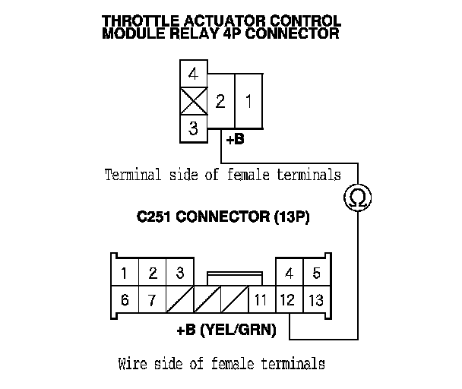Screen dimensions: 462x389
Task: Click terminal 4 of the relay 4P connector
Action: click(193, 75)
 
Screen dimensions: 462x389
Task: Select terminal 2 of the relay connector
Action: click(220, 100)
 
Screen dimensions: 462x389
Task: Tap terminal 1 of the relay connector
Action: click(248, 100)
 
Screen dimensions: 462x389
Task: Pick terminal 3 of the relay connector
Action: click(193, 128)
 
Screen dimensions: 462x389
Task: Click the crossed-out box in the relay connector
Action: click(193, 101)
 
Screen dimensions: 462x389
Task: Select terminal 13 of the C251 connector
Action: click(316, 299)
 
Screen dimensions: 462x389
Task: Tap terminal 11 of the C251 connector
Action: click(261, 299)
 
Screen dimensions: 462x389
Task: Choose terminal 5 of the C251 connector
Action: click(316, 273)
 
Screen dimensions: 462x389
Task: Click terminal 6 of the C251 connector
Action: click(125, 299)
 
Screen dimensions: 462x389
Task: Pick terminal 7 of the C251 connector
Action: click(152, 299)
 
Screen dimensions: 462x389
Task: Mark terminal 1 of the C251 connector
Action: click(125, 273)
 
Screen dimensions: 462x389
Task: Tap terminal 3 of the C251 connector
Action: click(179, 273)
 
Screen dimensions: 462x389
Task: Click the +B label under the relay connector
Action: click(236, 140)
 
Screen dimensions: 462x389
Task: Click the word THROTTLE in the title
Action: click(141, 21)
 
